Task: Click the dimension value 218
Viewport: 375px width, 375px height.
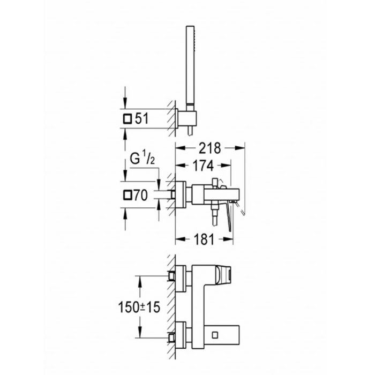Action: click(210, 148)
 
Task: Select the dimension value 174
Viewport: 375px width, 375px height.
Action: click(203, 166)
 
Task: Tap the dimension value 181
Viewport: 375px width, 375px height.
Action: click(204, 239)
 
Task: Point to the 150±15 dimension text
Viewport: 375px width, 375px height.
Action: click(139, 307)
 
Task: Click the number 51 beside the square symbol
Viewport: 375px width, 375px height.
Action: click(142, 118)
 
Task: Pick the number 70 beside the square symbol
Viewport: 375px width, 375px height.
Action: click(140, 195)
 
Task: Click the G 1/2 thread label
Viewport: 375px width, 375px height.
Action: click(142, 157)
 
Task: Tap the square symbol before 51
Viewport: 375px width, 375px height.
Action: click(127, 118)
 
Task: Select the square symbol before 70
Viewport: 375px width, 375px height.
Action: click(127, 195)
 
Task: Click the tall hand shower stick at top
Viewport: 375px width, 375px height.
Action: click(190, 67)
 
